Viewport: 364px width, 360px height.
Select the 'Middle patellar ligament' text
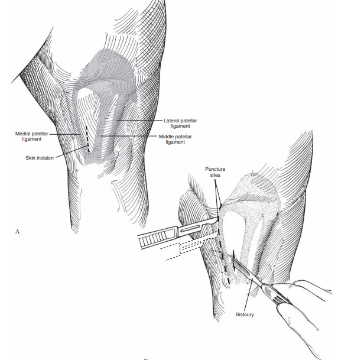175,139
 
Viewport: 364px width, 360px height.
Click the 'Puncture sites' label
215,171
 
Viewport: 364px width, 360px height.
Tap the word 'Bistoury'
245,314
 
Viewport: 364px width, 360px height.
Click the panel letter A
18,231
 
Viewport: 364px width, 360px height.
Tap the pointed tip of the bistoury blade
235,251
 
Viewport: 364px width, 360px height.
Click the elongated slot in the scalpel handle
191,228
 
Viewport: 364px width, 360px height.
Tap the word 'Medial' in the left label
22,134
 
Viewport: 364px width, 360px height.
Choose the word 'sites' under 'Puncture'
215,174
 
